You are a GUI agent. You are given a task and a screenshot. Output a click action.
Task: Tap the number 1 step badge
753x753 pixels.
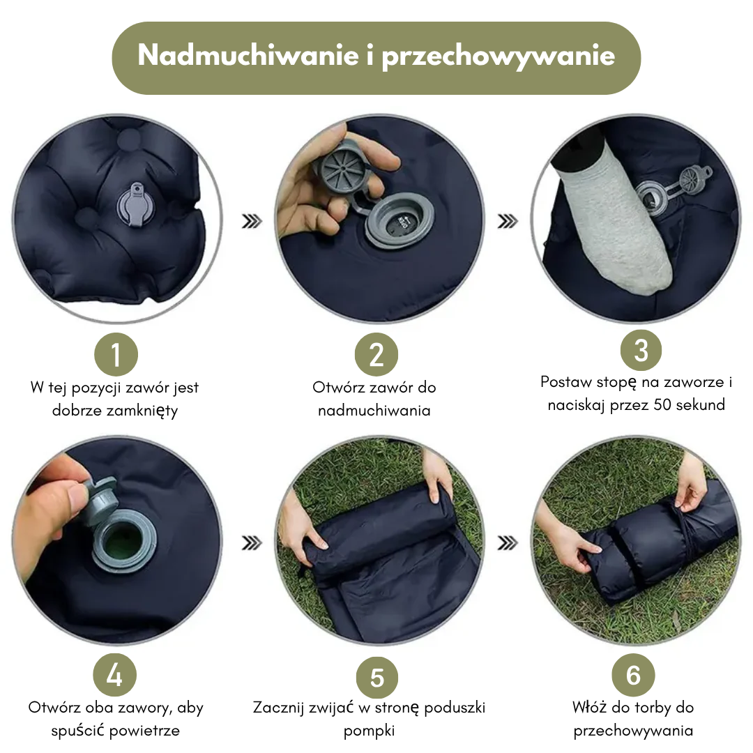[x=116, y=355]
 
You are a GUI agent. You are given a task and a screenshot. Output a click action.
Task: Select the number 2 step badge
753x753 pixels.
[x=376, y=355]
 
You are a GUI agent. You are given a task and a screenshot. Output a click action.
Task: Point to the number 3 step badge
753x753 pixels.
[x=641, y=350]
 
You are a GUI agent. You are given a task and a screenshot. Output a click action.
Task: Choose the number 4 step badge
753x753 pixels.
[x=114, y=675]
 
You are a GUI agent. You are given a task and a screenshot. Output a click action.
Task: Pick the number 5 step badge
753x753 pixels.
[x=377, y=678]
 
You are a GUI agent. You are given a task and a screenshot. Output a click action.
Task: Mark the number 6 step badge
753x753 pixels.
[x=633, y=675]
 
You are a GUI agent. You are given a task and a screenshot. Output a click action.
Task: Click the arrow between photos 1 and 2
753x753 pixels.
[x=251, y=222]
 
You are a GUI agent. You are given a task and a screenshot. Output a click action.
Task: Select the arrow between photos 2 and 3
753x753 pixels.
[x=508, y=222]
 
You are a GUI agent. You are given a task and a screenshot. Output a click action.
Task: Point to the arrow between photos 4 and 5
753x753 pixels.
[x=251, y=542]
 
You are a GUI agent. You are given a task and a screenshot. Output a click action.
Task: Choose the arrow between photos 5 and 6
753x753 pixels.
[x=508, y=542]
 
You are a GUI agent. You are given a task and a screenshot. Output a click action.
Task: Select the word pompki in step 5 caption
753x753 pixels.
[x=370, y=731]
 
